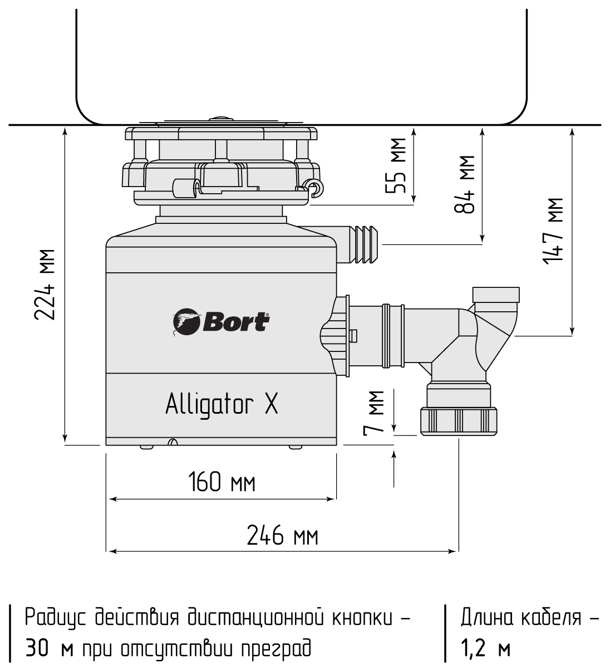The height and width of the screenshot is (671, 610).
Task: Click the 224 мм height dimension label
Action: tap(45, 285)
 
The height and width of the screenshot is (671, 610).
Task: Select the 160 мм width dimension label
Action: tap(222, 482)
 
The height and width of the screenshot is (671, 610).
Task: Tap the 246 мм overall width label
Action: tap(283, 537)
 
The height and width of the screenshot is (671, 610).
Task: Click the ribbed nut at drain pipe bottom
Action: tap(459, 421)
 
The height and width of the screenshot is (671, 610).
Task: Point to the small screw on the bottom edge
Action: tap(173, 442)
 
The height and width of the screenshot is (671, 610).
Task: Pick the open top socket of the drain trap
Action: tap(495, 293)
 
